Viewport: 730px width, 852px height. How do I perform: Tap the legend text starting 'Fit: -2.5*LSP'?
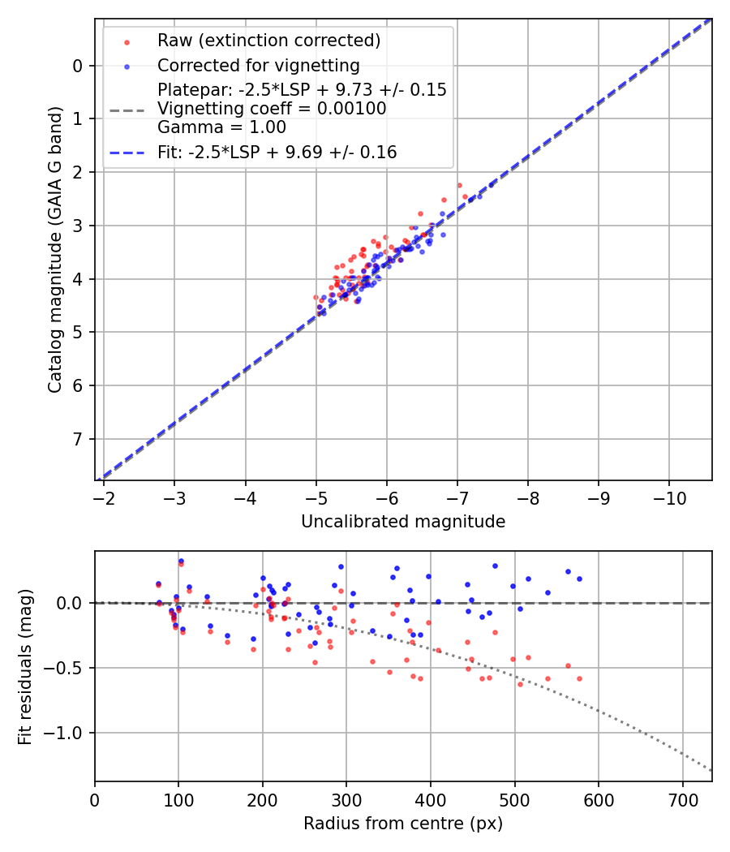pyautogui.click(x=277, y=152)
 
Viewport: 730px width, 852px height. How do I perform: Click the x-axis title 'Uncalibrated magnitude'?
pyautogui.click(x=403, y=522)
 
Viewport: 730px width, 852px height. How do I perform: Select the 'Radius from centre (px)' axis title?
pyautogui.click(x=403, y=824)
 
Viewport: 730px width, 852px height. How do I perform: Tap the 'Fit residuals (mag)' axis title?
pyautogui.click(x=25, y=666)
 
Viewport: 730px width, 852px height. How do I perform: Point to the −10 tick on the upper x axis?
pyautogui.click(x=669, y=497)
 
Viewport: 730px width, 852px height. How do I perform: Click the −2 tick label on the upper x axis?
pyautogui.click(x=104, y=497)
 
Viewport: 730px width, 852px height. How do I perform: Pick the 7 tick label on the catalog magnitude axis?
pyautogui.click(x=78, y=439)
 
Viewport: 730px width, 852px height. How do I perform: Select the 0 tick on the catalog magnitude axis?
pyautogui.click(x=78, y=66)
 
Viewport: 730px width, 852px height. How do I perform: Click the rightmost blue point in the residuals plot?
pyautogui.click(x=579, y=579)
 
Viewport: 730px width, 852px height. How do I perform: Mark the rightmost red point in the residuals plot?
pyautogui.click(x=579, y=678)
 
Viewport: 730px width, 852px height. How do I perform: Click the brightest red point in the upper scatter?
pyautogui.click(x=459, y=185)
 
